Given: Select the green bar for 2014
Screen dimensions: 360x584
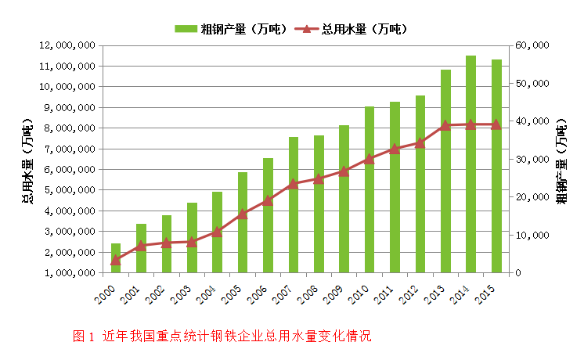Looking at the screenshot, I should [x=470, y=164].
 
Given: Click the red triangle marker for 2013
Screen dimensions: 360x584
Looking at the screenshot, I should [x=445, y=125].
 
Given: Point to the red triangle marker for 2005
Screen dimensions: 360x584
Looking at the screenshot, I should [x=243, y=214].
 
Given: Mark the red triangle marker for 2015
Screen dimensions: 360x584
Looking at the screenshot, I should [x=496, y=124].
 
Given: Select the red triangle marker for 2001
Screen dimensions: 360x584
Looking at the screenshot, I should [x=141, y=246].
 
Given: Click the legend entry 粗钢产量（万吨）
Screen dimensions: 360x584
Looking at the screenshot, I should [x=224, y=29].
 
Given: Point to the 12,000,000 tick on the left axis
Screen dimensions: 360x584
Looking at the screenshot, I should [x=67, y=45].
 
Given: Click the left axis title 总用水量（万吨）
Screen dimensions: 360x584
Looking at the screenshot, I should [x=27, y=160].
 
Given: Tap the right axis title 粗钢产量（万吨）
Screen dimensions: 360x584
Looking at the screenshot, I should [x=561, y=160].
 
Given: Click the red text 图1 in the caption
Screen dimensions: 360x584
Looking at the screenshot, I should [x=83, y=337].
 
